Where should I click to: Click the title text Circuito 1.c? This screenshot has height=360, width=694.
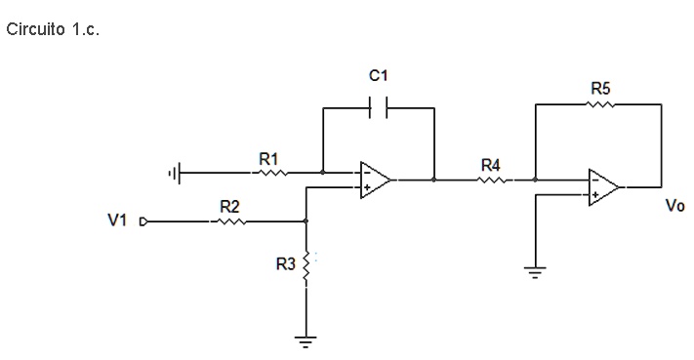53,28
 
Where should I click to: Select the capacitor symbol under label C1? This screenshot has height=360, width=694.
378,108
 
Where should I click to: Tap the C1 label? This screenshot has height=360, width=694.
379,75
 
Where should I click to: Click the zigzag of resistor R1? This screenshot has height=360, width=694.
270,173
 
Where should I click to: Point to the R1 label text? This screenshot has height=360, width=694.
268,157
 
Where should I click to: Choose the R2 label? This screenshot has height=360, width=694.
229,206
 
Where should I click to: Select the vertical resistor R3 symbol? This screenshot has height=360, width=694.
306,266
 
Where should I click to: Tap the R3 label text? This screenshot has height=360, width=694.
285,265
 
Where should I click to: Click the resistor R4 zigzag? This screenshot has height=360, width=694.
492,180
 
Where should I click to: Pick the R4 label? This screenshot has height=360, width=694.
491,164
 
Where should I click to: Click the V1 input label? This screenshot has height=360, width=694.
117,221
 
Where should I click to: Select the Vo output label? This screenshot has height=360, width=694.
674,207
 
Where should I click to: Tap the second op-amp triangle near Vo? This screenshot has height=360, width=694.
603,187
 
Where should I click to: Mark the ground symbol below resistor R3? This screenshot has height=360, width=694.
306,340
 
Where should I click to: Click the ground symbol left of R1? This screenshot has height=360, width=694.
175,174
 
